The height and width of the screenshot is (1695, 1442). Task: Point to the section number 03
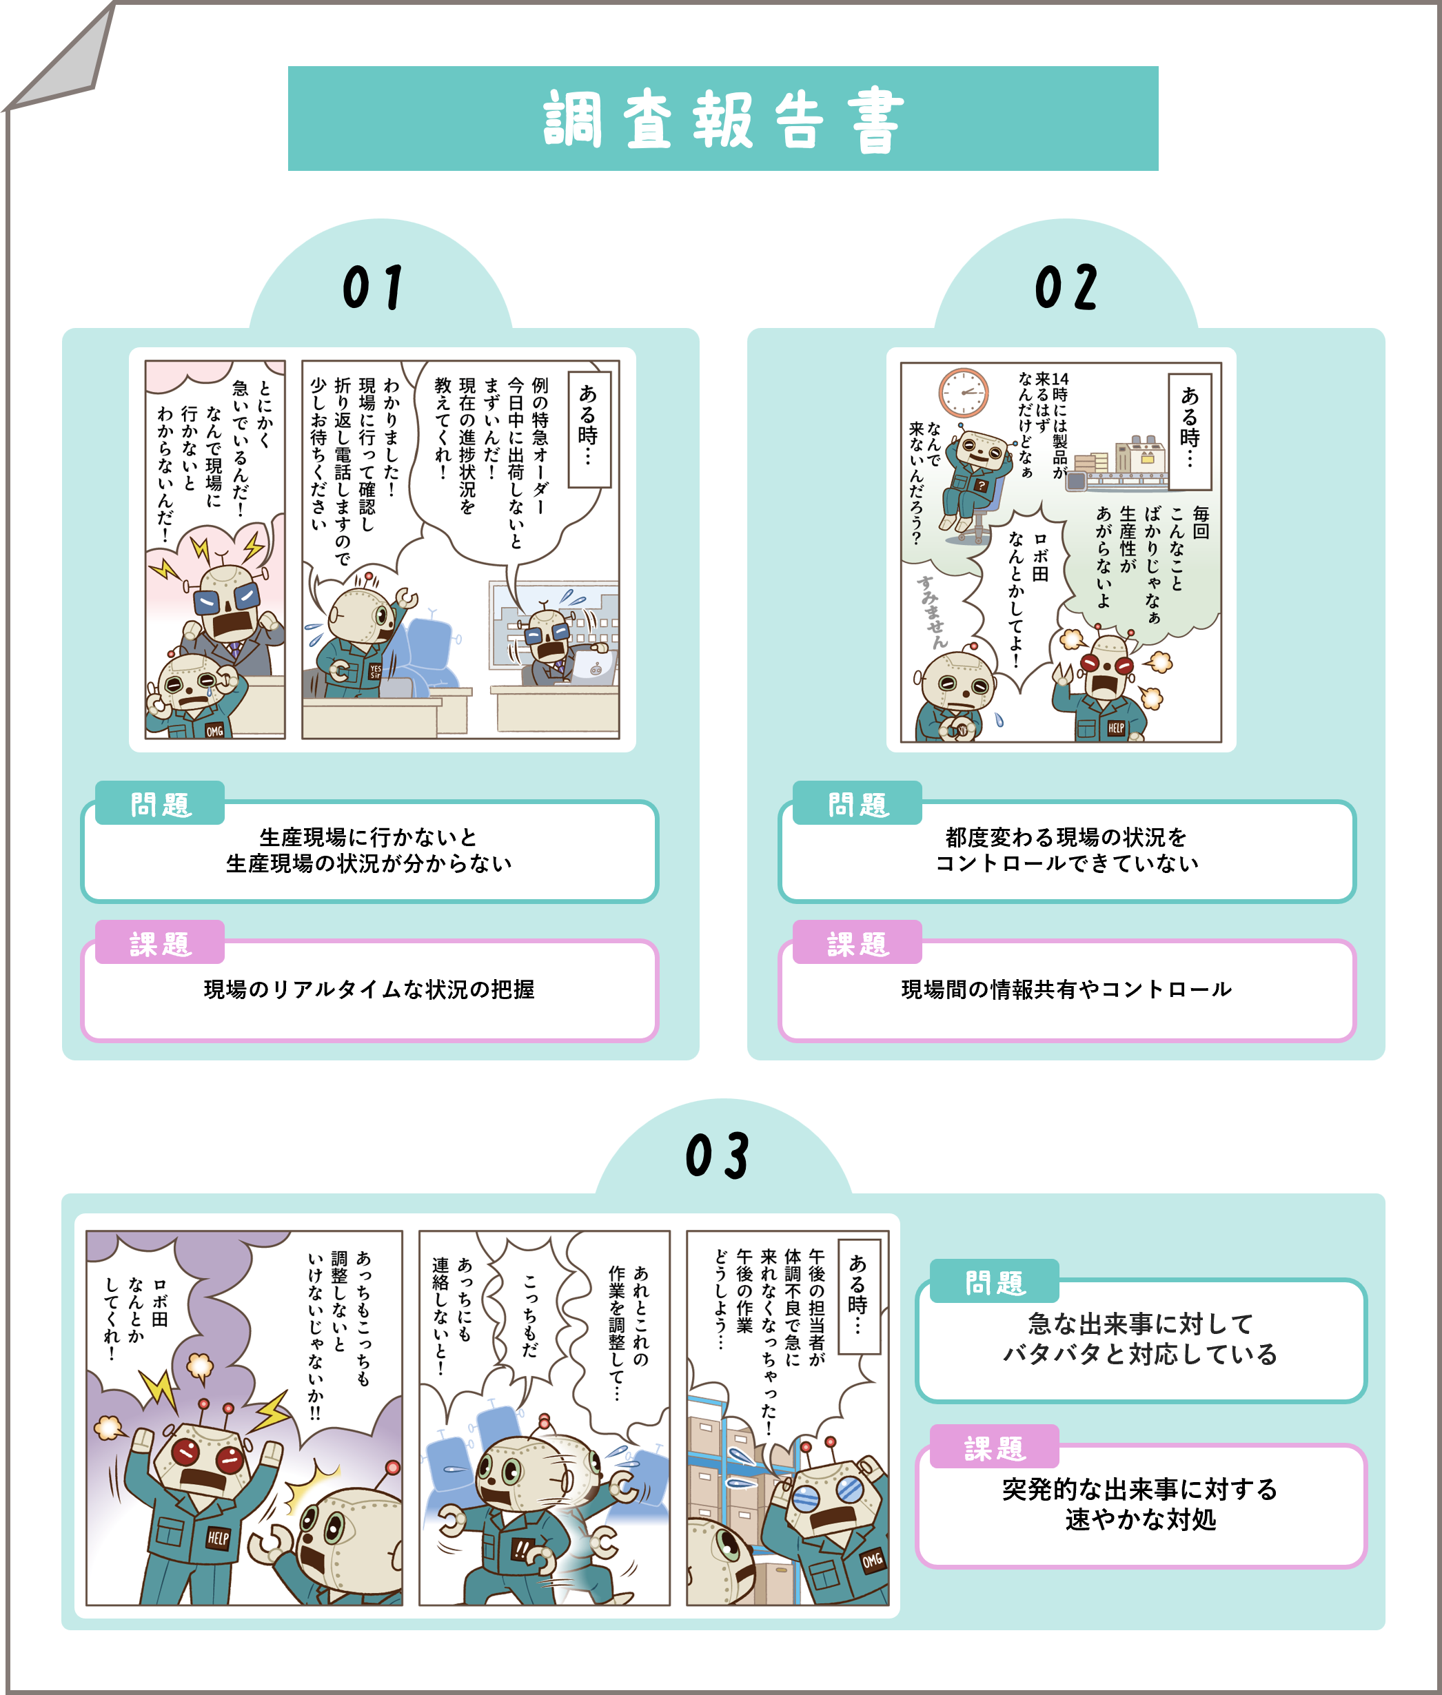[717, 1155]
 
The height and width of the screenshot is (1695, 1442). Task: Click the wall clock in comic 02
[963, 392]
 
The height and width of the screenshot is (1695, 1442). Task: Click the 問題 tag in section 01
[160, 803]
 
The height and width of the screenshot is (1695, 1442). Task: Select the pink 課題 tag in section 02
[857, 943]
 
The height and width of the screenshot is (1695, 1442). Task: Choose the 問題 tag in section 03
[995, 1282]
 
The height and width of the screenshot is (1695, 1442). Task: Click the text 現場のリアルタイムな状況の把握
[369, 989]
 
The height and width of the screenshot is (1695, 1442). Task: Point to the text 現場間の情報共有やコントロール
[1066, 989]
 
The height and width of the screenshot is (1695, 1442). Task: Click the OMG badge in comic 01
[214, 730]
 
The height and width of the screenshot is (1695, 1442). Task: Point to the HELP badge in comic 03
[217, 1537]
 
